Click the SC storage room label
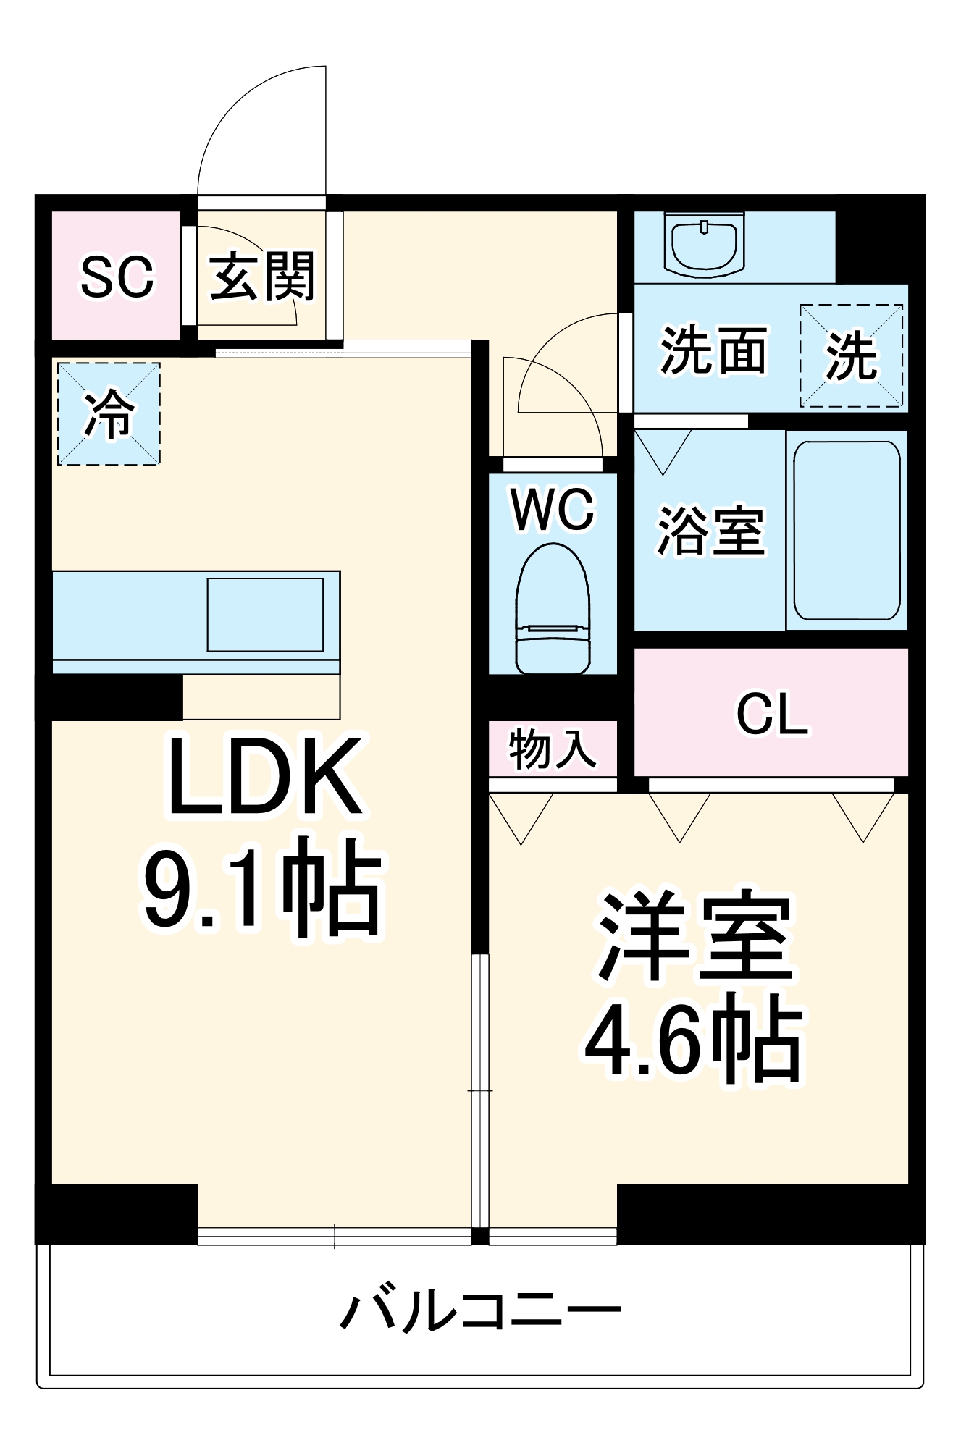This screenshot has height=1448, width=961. point(117,277)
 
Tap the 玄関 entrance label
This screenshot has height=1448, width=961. point(262,277)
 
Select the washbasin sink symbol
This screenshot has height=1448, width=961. point(704,245)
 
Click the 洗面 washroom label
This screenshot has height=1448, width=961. point(713,351)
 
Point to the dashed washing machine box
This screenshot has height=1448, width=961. point(851,355)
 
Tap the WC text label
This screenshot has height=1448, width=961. point(553,509)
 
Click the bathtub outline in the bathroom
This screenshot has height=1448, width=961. point(847,531)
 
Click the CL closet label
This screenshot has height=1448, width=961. point(772,715)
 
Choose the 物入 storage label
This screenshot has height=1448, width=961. point(553,749)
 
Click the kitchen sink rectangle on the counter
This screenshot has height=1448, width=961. point(265,615)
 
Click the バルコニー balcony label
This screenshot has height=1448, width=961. point(480,1311)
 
